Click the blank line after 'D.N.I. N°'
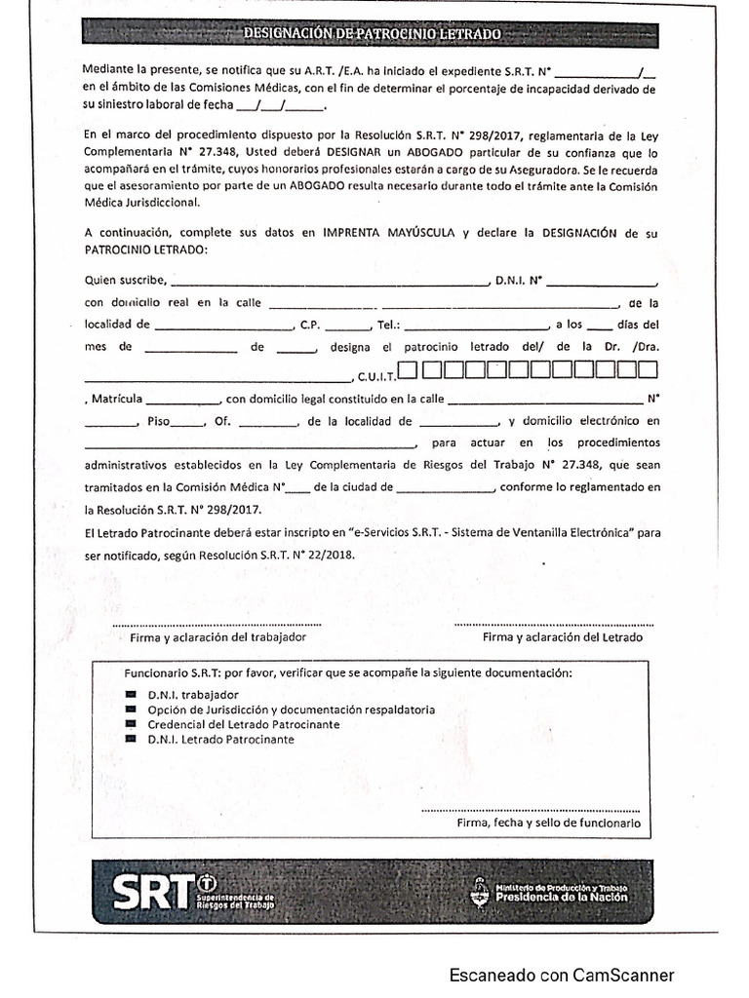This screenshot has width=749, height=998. click(x=601, y=283)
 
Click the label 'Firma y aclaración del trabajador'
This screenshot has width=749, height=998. click(x=217, y=636)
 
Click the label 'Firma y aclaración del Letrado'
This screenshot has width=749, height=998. click(x=563, y=636)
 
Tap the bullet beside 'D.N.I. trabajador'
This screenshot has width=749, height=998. click(x=132, y=695)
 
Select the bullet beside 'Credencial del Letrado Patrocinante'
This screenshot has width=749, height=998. click(x=132, y=724)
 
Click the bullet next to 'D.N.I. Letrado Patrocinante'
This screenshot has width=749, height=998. click(x=132, y=739)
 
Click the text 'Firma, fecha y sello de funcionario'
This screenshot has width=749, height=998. click(x=548, y=823)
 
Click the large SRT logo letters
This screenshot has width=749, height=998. click(x=152, y=889)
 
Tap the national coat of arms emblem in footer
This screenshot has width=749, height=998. click(x=479, y=890)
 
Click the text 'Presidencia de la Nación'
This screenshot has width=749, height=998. click(x=562, y=898)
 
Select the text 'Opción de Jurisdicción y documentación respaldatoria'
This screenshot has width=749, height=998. click(x=292, y=710)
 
